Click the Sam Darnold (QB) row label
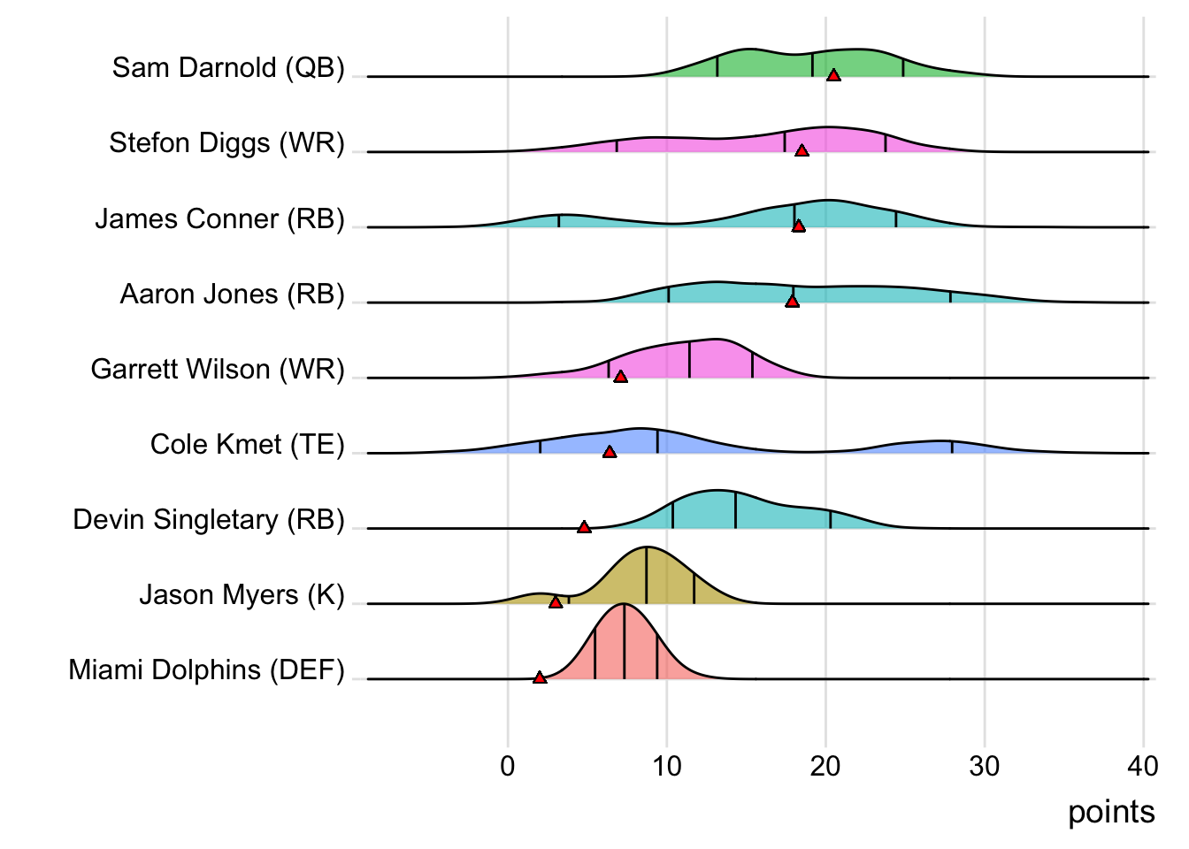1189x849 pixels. [228, 68]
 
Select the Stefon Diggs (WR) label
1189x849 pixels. [226, 143]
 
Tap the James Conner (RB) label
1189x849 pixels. [219, 218]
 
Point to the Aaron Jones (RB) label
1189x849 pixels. [232, 294]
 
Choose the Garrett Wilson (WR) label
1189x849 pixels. [218, 369]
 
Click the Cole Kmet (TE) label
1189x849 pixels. [247, 444]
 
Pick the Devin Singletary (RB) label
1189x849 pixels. [209, 519]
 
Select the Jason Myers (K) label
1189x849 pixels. [242, 594]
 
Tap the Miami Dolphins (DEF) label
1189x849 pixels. [206, 669]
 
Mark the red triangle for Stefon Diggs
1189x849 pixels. [802, 151]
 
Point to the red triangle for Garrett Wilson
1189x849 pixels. [621, 377]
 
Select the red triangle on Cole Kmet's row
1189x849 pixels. [610, 452]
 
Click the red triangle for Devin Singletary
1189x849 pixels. [584, 527]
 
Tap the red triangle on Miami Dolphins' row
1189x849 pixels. [540, 677]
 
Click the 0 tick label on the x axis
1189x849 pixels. [508, 766]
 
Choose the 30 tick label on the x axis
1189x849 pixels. [985, 766]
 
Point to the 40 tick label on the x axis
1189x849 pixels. [1143, 766]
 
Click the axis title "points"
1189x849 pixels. [1111, 812]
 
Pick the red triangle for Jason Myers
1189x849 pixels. [556, 602]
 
